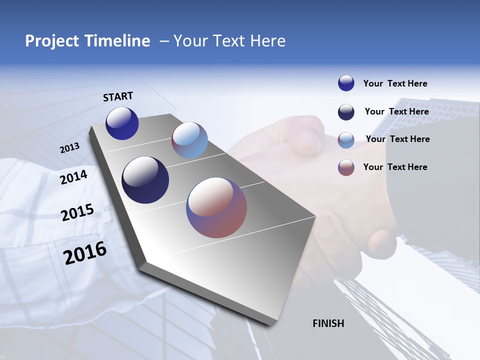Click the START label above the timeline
[x=118, y=96]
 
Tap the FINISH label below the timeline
[x=328, y=323]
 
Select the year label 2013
[x=69, y=147]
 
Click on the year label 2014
[x=73, y=177]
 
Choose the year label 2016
[x=85, y=252]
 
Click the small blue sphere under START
[x=122, y=123]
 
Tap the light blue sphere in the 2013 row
[x=189, y=140]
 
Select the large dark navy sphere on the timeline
[x=145, y=180]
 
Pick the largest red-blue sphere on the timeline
[x=216, y=207]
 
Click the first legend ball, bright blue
[x=346, y=83]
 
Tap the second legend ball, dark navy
[x=346, y=112]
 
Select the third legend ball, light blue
[x=346, y=140]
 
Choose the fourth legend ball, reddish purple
[x=346, y=167]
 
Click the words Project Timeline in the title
[x=87, y=41]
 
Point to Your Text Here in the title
[x=229, y=41]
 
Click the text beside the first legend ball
[x=395, y=83]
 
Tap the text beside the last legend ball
[x=395, y=167]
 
